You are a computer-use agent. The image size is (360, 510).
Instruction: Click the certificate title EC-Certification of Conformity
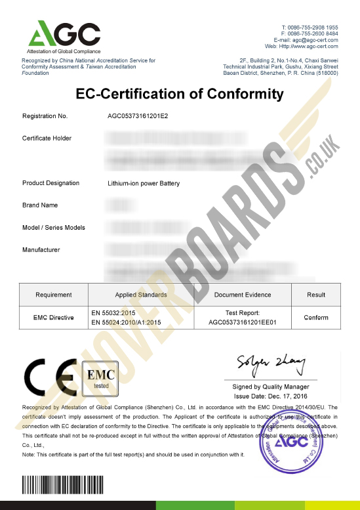click(180, 94)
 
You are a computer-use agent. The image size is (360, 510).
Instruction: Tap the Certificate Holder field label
click(47, 138)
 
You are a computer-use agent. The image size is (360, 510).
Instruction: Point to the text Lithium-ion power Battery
click(143, 183)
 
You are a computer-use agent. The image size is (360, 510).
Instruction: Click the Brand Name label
click(40, 205)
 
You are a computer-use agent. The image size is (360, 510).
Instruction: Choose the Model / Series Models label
click(53, 227)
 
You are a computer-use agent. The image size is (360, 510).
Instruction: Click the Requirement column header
click(53, 295)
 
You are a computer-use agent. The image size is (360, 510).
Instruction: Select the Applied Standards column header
click(140, 295)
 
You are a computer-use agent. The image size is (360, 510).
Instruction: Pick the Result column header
click(316, 295)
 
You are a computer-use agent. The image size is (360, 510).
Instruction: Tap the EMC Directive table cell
click(53, 318)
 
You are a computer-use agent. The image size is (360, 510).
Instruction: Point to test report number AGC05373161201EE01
click(243, 322)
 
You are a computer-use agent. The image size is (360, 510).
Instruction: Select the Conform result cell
click(316, 318)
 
